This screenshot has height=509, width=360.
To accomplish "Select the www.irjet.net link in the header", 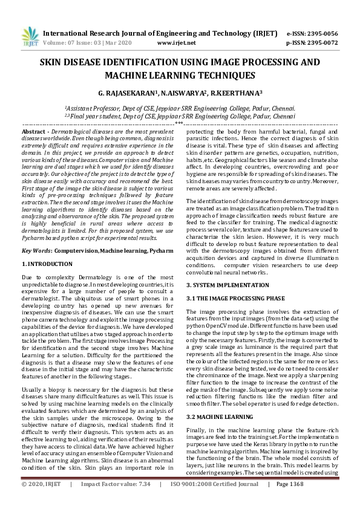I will [176, 44].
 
